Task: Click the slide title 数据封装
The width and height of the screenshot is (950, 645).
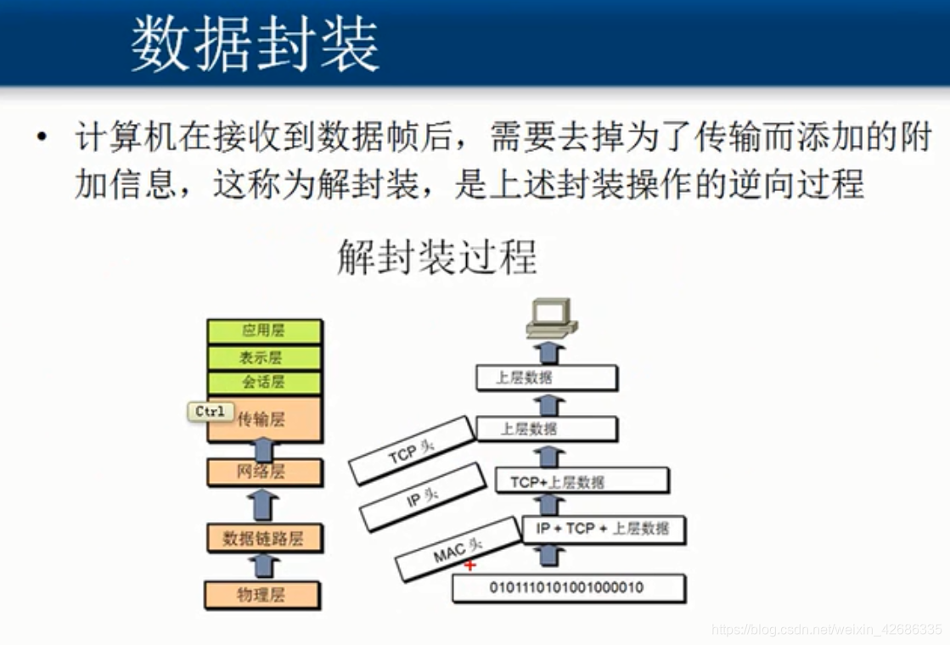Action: tap(255, 43)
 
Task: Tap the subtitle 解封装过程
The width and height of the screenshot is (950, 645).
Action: tap(437, 257)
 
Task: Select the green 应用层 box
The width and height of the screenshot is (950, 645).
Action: tap(264, 331)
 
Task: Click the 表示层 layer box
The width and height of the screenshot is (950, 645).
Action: tap(264, 357)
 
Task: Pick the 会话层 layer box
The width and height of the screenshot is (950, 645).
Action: tap(264, 383)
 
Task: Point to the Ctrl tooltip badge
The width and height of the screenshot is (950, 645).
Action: tap(211, 412)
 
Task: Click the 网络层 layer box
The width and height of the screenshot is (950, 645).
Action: tap(264, 472)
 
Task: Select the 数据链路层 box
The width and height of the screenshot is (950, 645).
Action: tap(264, 538)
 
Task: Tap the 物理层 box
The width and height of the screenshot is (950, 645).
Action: tap(261, 595)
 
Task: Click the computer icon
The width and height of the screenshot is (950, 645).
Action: tap(551, 318)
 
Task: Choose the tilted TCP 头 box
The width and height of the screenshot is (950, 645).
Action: tap(412, 451)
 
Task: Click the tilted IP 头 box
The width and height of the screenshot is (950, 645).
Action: tap(422, 497)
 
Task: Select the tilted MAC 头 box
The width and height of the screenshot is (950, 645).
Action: tap(458, 549)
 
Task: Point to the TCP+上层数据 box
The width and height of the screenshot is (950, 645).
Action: tap(582, 481)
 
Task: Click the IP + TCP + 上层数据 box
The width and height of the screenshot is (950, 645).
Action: tap(603, 530)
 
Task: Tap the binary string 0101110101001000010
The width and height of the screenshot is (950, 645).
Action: tap(566, 587)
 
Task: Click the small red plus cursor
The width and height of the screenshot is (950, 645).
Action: tap(469, 566)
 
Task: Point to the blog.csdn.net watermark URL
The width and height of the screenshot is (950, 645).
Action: tap(827, 629)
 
